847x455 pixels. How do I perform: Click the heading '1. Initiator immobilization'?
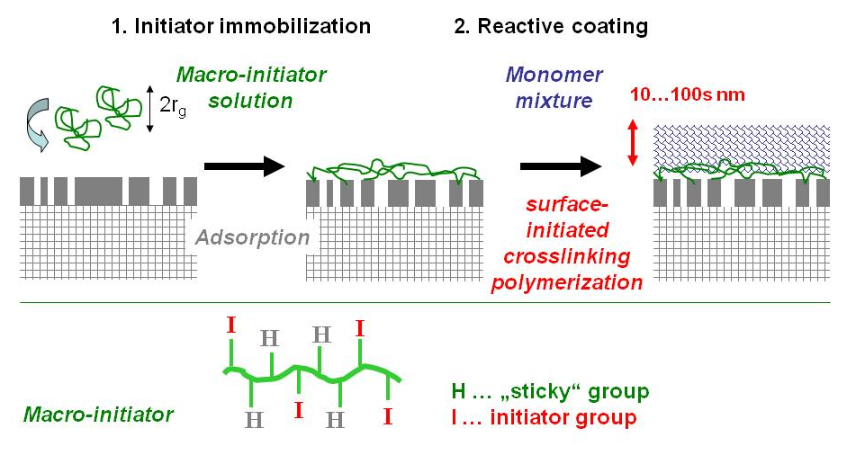240,26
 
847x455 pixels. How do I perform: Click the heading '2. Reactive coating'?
551,26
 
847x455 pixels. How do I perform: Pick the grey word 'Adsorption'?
254,238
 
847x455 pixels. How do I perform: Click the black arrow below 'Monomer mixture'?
560,165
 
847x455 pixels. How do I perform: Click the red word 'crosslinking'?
567,256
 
